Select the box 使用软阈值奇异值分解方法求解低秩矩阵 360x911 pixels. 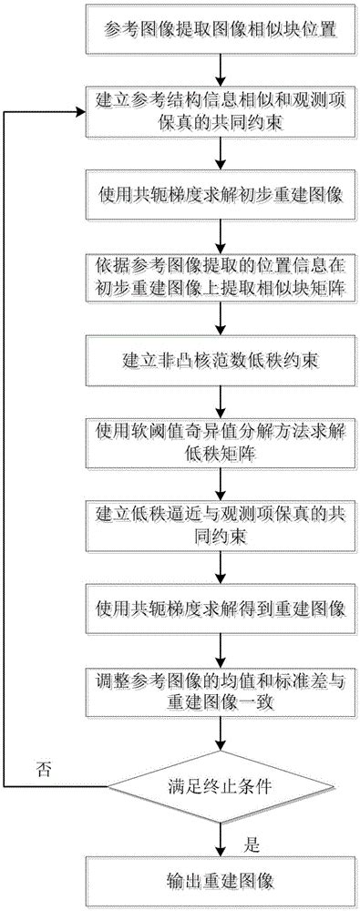coord(220,436)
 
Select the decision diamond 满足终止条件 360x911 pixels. coord(220,785)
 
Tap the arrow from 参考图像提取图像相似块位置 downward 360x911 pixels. coord(220,72)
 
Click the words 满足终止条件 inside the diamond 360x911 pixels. coord(220,785)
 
